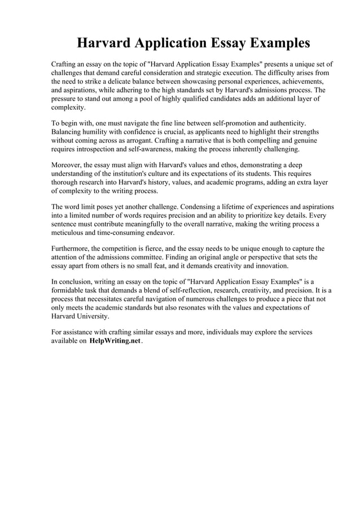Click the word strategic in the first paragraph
pos(213,73)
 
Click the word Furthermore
pos(70,249)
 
